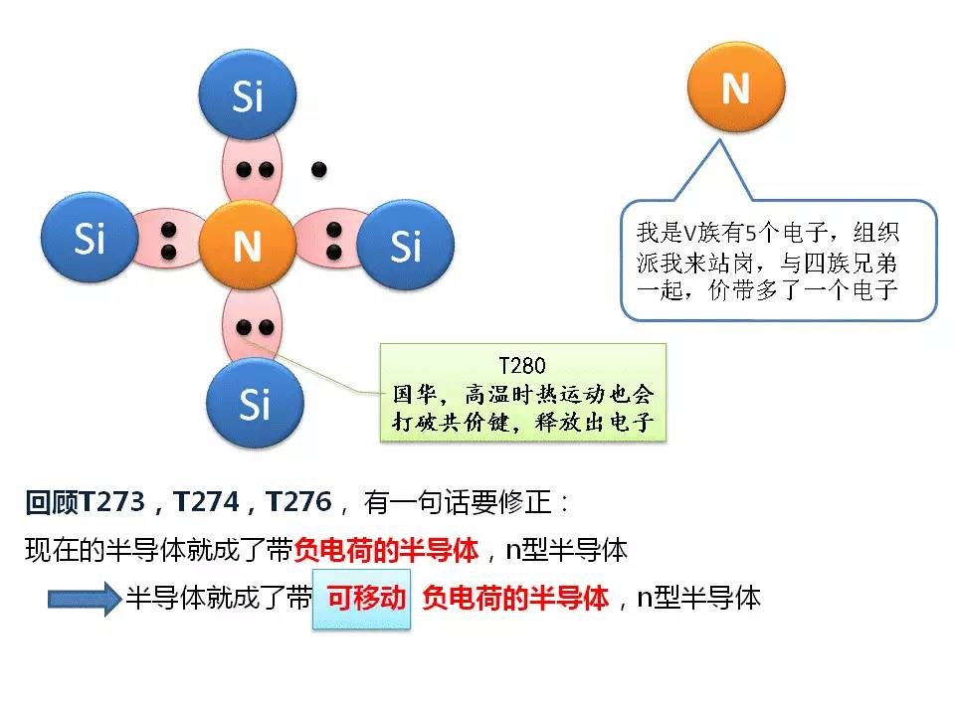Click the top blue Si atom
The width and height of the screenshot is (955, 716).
[x=248, y=95]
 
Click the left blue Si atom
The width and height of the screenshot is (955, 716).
[x=89, y=240]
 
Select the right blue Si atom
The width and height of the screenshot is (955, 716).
[x=405, y=245]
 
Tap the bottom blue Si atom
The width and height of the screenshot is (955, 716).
[x=255, y=403]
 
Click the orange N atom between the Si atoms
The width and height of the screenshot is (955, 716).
[x=247, y=245]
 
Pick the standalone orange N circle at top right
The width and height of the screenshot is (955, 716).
[x=735, y=89]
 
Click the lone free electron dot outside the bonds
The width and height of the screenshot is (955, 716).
[x=318, y=170]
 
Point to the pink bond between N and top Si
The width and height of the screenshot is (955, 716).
[x=254, y=170]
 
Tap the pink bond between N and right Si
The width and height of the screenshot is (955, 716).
[x=332, y=241]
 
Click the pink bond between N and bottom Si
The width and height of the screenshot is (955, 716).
[x=253, y=325]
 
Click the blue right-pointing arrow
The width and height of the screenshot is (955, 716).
[x=85, y=600]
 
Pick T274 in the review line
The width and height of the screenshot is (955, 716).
[x=207, y=502]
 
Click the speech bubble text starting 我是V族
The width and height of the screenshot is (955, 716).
[x=768, y=262]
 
